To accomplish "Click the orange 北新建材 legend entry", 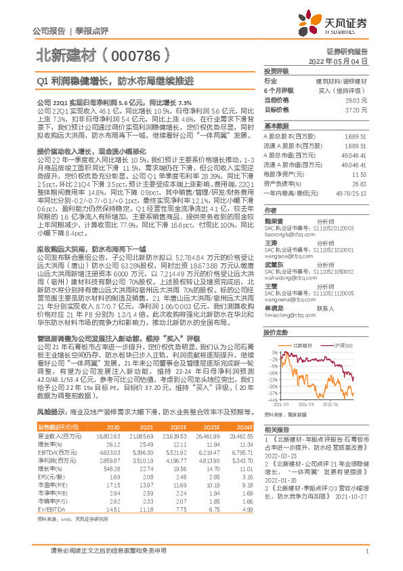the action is (x=301, y=347).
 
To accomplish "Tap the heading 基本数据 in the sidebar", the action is (x=276, y=126).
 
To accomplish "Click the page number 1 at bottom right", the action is (x=366, y=550).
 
